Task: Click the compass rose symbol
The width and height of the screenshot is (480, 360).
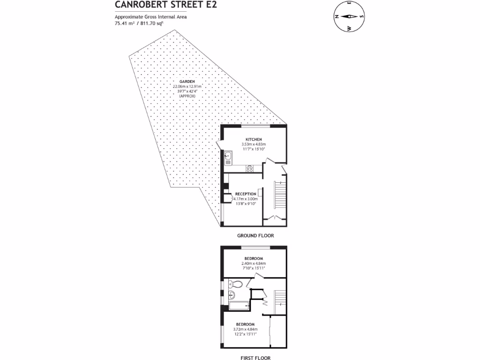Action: point(350,16)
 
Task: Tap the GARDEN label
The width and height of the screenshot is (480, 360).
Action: point(187,82)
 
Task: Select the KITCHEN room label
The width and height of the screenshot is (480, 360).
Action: point(254,140)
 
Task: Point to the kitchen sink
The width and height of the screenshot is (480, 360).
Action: point(228,156)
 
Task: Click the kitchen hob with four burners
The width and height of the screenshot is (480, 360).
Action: point(250,169)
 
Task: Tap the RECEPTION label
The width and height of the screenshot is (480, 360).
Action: point(246,194)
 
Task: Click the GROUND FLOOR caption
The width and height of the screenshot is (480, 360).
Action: point(255,236)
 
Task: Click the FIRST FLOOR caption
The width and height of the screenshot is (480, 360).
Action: point(255,358)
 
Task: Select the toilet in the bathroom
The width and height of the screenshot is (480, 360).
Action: point(236,284)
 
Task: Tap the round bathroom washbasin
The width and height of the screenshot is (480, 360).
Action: point(231,295)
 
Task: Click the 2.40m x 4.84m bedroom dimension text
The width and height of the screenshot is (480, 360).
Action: point(254,263)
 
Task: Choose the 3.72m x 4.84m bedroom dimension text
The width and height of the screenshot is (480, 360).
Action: point(246,330)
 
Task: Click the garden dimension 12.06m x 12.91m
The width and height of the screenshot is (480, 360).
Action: point(187,87)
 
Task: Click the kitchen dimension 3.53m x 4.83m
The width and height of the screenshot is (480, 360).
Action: point(254,144)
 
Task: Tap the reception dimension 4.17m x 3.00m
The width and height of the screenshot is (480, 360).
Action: point(246,199)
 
